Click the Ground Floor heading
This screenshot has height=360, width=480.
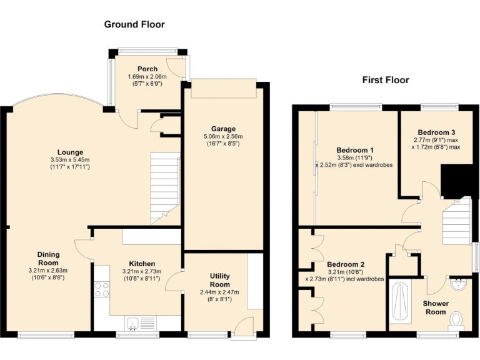point(134,24)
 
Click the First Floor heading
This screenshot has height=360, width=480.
point(386,80)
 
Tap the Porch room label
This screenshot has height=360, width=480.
point(147,69)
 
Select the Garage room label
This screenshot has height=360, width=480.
point(222,129)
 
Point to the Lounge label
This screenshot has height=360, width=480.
point(71,152)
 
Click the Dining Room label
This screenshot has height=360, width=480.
point(48,258)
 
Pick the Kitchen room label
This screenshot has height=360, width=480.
point(142,264)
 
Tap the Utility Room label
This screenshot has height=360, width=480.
point(219,280)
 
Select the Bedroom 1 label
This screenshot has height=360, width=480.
point(355,150)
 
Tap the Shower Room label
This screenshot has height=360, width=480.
point(436,307)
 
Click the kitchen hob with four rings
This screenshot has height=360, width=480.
point(101,290)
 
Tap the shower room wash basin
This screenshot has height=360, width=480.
point(459,285)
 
